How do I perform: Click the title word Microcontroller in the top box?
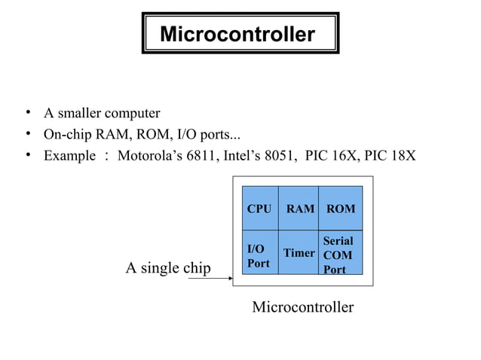click(x=237, y=35)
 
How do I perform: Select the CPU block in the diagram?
click(x=259, y=209)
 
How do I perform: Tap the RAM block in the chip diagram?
click(x=300, y=209)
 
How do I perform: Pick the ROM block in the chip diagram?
click(x=340, y=209)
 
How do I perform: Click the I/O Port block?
click(x=258, y=255)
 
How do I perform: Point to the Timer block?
click(x=299, y=253)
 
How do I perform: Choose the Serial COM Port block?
click(x=338, y=255)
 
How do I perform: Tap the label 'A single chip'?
click(x=167, y=267)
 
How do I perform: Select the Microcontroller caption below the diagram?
click(x=302, y=307)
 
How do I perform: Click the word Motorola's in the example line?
click(x=148, y=156)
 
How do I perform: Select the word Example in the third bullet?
click(x=69, y=156)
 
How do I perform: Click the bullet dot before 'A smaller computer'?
click(x=26, y=113)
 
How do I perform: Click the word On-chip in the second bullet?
click(x=64, y=135)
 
